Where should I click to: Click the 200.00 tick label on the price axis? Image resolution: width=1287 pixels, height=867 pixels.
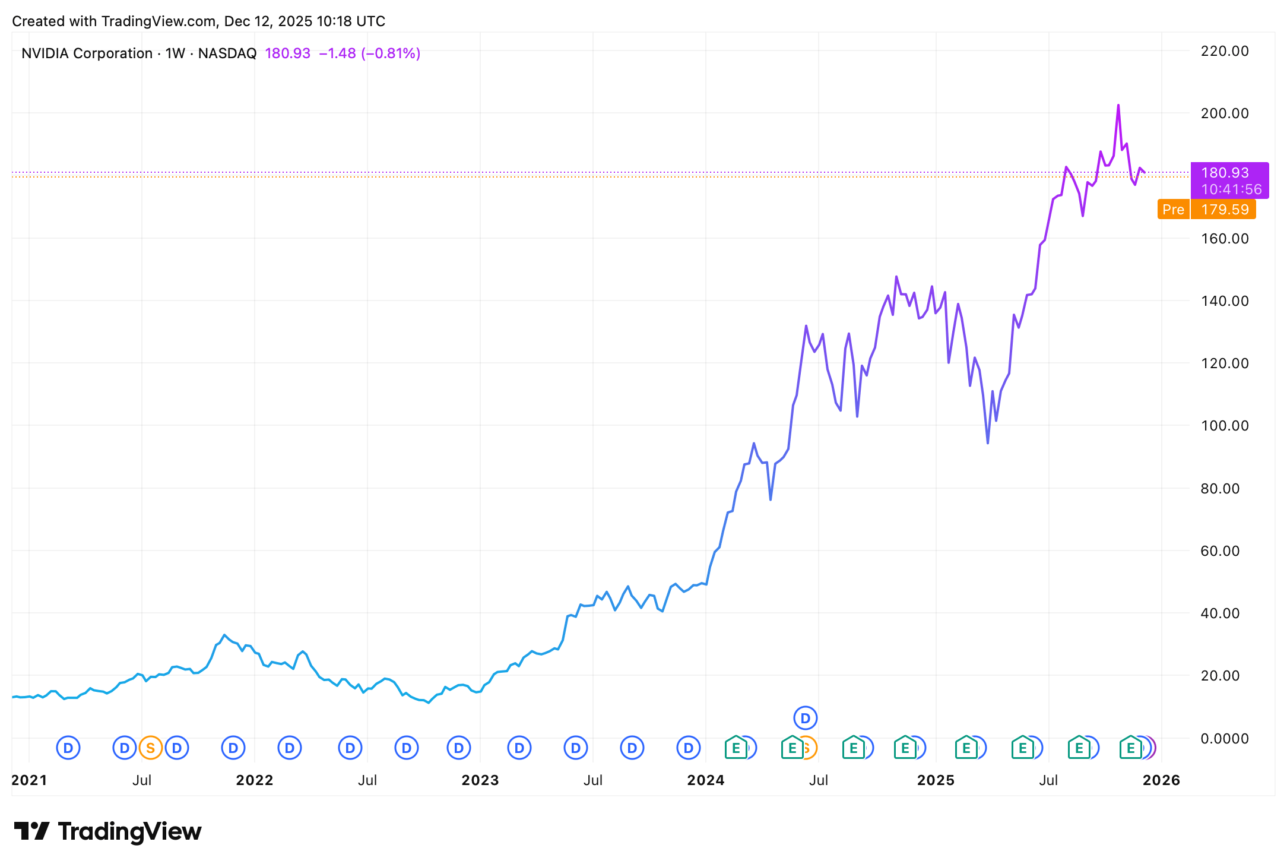point(1224,113)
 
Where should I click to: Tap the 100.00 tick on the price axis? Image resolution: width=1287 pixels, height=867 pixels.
point(1224,426)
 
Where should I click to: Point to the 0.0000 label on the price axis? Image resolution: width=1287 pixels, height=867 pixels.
point(1224,738)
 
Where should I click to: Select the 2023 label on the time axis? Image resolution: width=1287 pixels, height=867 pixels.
point(480,780)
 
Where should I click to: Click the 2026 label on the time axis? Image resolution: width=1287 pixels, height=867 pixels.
point(1161,780)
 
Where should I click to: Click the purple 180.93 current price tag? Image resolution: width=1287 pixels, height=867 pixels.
point(1225,173)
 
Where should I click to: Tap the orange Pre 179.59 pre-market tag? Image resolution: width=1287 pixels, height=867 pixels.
point(1206,210)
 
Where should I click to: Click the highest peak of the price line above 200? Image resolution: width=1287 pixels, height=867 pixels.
point(1118,106)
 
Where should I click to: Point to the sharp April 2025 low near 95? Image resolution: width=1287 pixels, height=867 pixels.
point(988,442)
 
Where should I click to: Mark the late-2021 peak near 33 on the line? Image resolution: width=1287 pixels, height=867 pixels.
point(224,635)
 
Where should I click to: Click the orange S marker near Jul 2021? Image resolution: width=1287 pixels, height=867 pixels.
point(151,748)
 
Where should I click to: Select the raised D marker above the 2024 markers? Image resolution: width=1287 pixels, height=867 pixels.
point(805,718)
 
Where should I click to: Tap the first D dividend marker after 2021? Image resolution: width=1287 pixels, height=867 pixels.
point(68,748)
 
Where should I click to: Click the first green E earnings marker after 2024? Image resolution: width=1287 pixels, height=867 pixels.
point(736,748)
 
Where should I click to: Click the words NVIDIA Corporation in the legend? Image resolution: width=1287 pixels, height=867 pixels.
point(87,53)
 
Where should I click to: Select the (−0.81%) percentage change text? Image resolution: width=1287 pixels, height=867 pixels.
point(391,53)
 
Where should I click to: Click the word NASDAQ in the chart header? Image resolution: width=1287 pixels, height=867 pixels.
point(227,53)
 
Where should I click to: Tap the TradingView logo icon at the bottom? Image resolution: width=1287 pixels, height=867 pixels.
point(31,831)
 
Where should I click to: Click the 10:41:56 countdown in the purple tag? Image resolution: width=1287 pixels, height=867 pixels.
point(1231,189)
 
